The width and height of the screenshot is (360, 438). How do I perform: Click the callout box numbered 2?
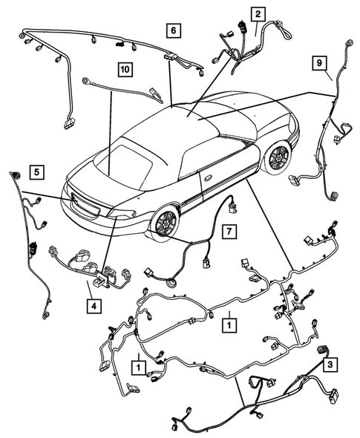(x=257, y=14)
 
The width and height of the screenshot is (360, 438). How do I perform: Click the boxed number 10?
(x=124, y=70)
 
